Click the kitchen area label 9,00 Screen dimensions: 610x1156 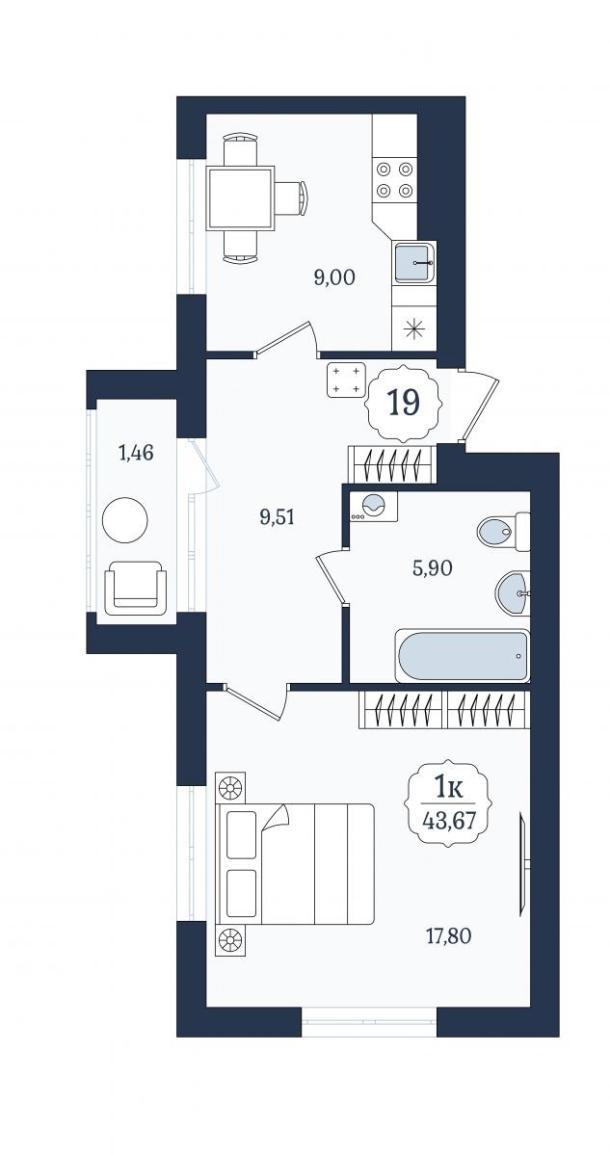pos(334,278)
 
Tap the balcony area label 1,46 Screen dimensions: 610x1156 pos(136,453)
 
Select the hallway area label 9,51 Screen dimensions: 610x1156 pos(278,516)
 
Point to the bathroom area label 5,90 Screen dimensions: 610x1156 pos(432,568)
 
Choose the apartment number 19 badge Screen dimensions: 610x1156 pos(403,403)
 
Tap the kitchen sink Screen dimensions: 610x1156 pos(414,263)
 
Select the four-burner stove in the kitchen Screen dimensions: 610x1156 pos(395,180)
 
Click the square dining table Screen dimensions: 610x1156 pos(240,198)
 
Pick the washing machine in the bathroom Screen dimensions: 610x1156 pos(374,507)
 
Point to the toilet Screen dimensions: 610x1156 pos(504,532)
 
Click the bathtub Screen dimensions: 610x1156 pos(463,655)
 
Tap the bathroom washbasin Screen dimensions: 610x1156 pos(513,593)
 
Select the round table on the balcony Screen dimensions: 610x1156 pos(125,519)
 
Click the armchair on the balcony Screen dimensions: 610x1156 pos(135,588)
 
